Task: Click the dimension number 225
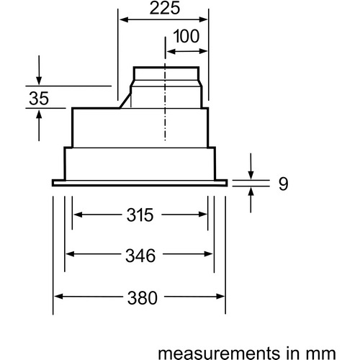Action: point(165,8)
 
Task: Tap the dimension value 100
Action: point(186,36)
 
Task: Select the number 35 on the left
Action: point(39,99)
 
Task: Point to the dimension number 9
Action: point(283,184)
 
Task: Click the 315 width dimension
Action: point(140,215)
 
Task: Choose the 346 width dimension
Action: point(140,256)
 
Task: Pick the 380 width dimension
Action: point(143,298)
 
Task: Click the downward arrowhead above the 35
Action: point(39,81)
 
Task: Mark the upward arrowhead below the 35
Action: point(39,114)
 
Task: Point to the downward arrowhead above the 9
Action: point(251,175)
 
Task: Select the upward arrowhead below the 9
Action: point(251,192)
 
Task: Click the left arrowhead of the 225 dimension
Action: point(124,19)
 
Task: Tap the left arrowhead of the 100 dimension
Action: point(171,51)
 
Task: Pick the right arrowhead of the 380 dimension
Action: point(220,297)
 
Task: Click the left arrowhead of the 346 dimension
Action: point(70,253)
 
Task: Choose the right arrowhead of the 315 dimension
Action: point(202,215)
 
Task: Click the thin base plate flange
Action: point(140,183)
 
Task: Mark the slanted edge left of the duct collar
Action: point(125,101)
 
